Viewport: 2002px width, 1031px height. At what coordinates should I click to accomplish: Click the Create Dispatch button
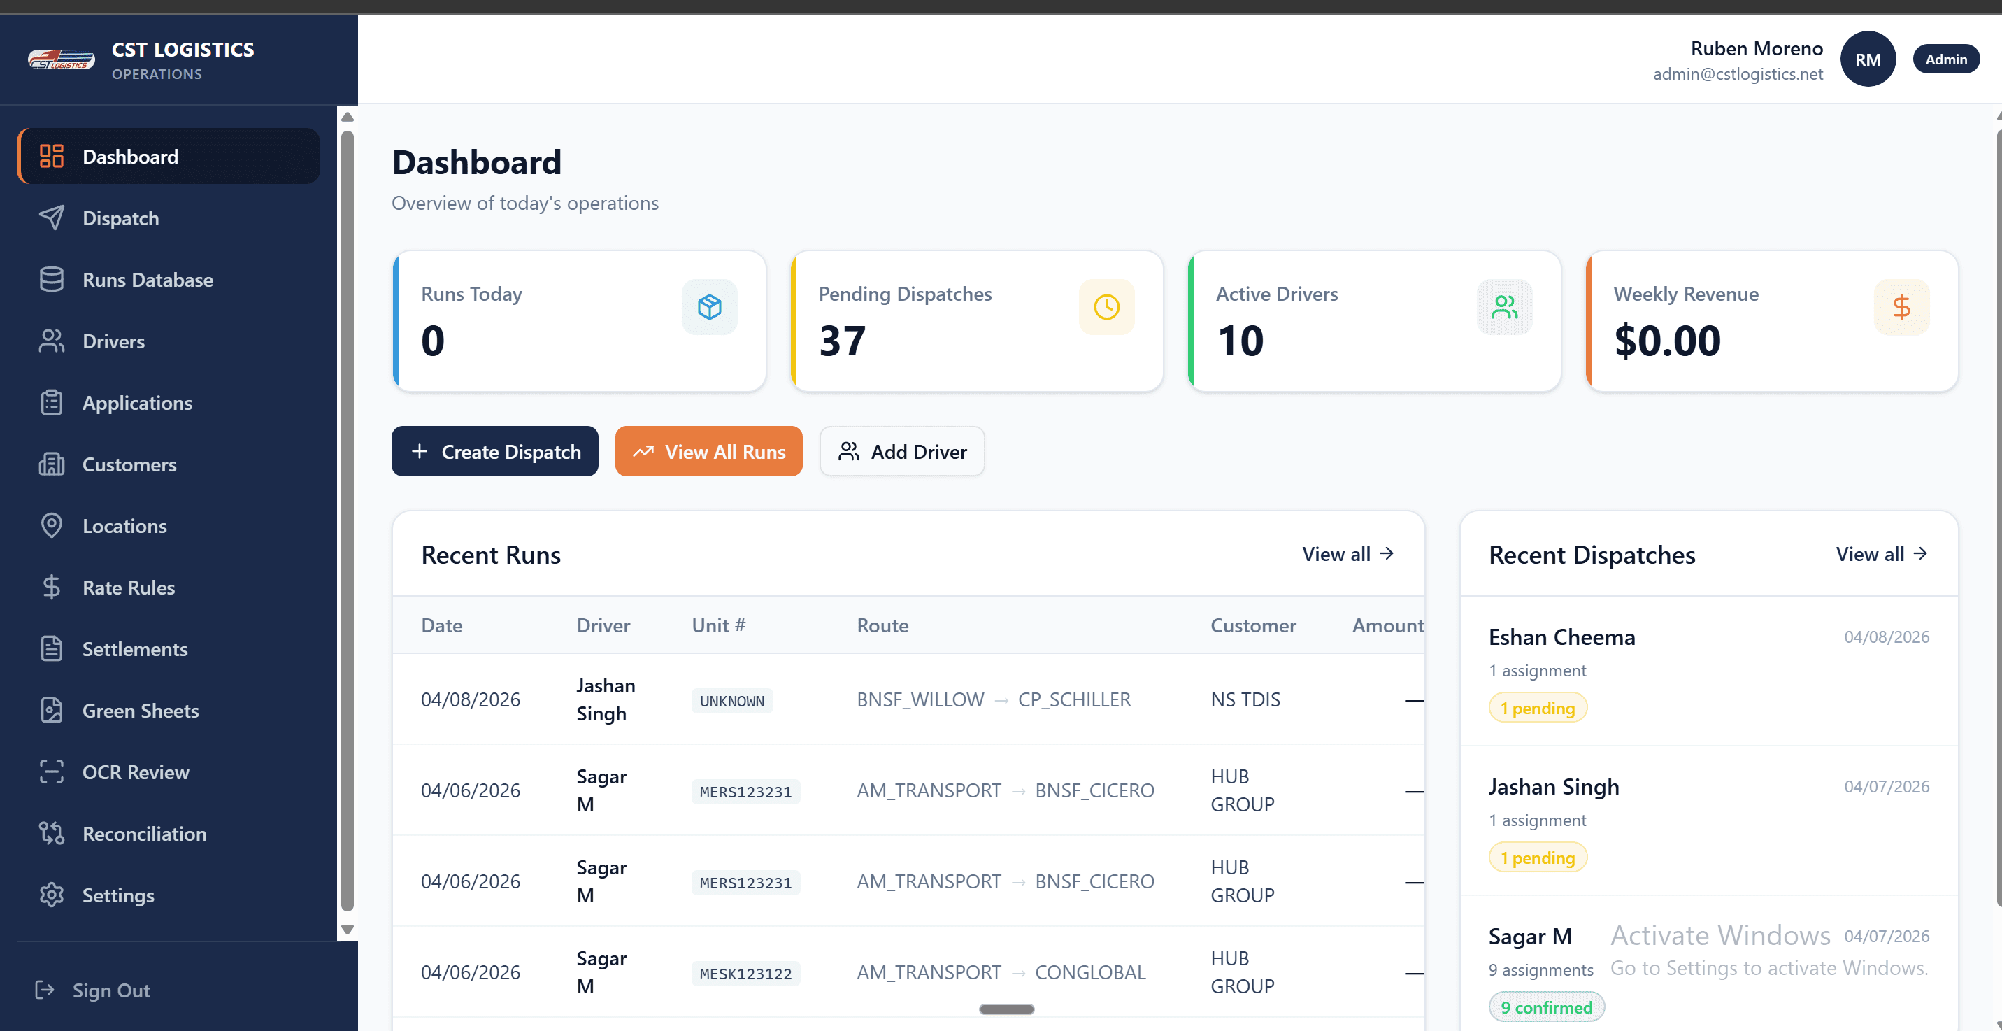tap(494, 452)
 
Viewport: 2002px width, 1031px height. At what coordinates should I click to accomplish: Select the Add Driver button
tap(901, 452)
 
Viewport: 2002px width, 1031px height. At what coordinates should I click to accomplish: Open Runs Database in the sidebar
tap(147, 280)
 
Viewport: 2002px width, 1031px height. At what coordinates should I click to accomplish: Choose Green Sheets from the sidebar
tap(140, 711)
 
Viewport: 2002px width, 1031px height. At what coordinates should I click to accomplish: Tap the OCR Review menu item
tap(135, 772)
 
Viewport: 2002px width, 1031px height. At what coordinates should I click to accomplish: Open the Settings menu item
tap(118, 895)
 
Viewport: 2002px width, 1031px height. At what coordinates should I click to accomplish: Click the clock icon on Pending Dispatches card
tap(1106, 307)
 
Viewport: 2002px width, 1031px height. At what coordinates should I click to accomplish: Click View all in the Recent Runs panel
tap(1347, 555)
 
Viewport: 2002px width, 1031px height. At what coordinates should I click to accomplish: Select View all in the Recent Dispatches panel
tap(1881, 555)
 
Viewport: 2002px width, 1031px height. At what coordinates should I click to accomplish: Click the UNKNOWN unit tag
tap(731, 701)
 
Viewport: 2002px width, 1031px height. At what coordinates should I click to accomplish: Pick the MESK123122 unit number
tap(745, 974)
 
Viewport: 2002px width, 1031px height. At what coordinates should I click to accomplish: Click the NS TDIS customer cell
tap(1245, 699)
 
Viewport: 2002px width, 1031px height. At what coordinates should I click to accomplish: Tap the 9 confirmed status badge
tap(1546, 1007)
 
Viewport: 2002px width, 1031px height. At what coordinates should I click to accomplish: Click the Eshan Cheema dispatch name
tap(1561, 638)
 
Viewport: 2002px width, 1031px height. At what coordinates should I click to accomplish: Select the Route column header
tap(882, 625)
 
